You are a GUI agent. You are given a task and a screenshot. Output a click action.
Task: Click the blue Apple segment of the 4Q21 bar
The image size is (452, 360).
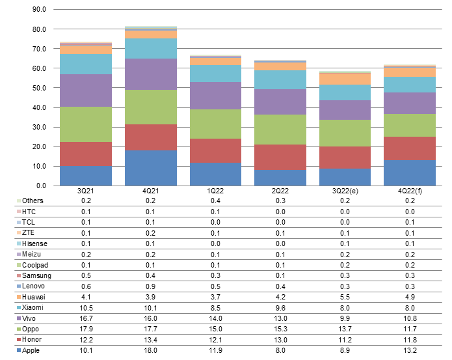150,168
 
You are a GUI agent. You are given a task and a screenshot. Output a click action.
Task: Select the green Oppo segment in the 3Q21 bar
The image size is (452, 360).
86,124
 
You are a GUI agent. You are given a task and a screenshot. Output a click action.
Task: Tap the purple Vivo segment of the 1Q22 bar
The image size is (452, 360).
215,96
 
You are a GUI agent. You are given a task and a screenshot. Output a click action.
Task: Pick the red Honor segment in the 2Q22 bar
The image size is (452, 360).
280,157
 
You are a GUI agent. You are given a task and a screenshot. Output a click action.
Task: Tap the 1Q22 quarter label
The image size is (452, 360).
215,191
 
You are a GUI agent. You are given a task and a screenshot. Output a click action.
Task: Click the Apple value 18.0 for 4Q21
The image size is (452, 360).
150,350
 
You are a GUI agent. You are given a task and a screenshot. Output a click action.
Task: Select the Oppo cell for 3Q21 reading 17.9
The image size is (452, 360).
86,329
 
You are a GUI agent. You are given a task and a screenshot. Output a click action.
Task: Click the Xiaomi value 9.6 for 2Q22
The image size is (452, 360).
280,307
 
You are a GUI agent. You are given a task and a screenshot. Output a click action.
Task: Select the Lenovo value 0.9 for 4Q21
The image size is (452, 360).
150,286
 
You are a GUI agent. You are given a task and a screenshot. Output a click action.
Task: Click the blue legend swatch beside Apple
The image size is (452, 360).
18,350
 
